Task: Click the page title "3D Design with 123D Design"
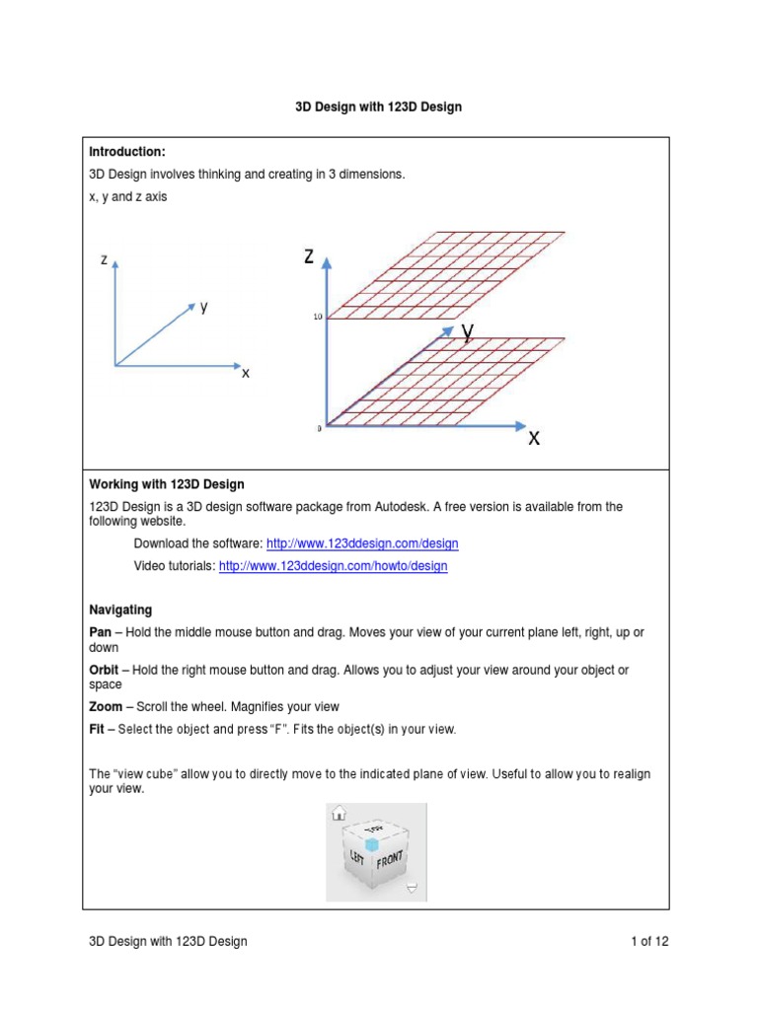(379, 107)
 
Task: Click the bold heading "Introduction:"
(127, 152)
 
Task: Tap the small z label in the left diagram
(104, 259)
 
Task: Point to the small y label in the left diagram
(203, 307)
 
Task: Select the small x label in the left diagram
(246, 374)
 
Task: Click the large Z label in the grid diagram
(309, 257)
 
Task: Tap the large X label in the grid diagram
(534, 439)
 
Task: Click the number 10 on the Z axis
(318, 318)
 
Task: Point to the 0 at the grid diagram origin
(319, 429)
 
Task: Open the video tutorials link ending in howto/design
(333, 566)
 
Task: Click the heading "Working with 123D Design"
(167, 484)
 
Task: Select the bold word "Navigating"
(120, 611)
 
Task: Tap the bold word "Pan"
(101, 631)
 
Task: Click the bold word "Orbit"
(105, 670)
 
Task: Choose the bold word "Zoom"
(107, 707)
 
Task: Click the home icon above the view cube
(338, 813)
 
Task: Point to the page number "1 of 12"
(649, 941)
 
